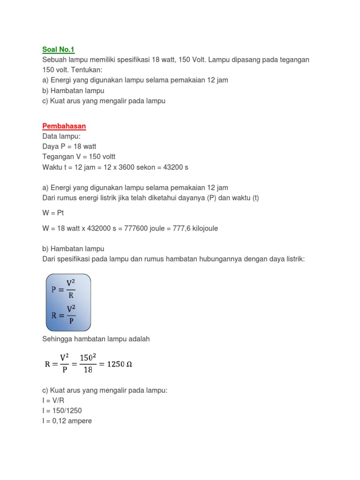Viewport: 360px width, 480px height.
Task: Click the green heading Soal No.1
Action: pyautogui.click(x=59, y=50)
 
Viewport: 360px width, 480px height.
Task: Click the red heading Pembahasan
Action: pyautogui.click(x=64, y=127)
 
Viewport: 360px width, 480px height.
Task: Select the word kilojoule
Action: pyautogui.click(x=200, y=228)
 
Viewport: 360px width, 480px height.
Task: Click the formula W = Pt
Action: pyautogui.click(x=53, y=213)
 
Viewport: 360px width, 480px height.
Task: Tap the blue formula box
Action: pyautogui.click(x=68, y=302)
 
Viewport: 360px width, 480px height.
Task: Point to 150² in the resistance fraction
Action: pyautogui.click(x=88, y=358)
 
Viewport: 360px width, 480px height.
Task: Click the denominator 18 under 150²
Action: pyautogui.click(x=88, y=370)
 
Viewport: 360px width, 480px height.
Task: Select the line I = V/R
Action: pyautogui.click(x=54, y=400)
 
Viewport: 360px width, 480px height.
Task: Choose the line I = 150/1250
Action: pyautogui.click(x=62, y=411)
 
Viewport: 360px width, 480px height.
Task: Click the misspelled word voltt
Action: pyautogui.click(x=106, y=157)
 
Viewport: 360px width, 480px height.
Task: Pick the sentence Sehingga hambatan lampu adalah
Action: pyautogui.click(x=96, y=339)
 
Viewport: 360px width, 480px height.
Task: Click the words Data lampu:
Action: pyautogui.click(x=61, y=136)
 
